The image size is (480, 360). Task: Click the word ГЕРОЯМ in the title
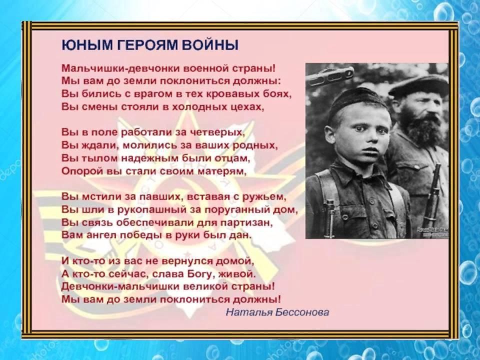[x=148, y=45]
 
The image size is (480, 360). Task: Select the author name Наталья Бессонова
[x=277, y=312]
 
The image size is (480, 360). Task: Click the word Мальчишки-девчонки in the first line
[x=120, y=68]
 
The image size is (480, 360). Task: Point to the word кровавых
[x=233, y=93]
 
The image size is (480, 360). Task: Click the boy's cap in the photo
[x=356, y=102]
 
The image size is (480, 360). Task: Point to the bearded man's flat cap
[x=419, y=84]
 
